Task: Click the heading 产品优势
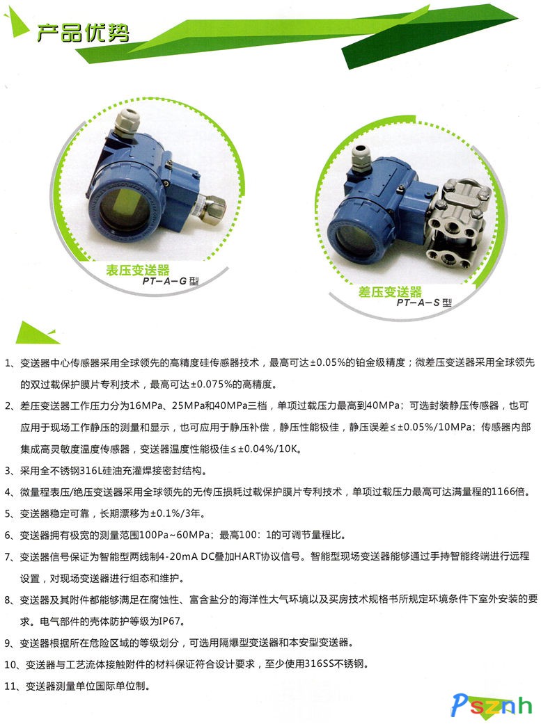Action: [83, 32]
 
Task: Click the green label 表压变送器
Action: [138, 270]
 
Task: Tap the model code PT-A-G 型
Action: [171, 281]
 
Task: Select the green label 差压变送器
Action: [390, 292]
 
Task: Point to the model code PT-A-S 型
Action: [424, 303]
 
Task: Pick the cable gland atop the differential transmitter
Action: [362, 158]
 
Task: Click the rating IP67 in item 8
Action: [169, 622]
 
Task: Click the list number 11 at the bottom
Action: [10, 686]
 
